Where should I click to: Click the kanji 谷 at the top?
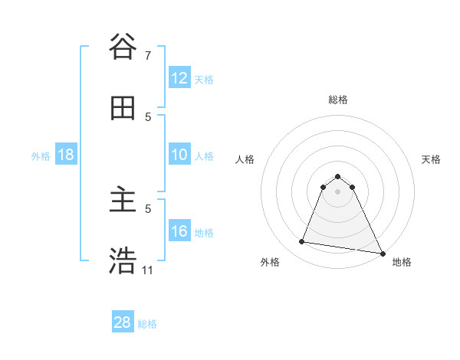point(123,47)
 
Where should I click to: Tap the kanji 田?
point(123,109)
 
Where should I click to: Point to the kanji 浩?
point(123,260)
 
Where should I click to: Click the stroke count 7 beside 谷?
point(147,56)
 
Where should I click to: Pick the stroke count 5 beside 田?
point(148,117)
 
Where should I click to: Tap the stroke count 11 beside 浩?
point(147,270)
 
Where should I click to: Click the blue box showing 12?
point(179,78)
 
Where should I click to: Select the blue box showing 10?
point(179,155)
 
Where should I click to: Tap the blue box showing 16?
point(179,231)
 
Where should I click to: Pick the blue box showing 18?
point(66,155)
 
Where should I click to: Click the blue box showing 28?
point(123,322)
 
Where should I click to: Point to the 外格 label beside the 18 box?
point(41,156)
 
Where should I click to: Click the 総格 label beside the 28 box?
point(147,324)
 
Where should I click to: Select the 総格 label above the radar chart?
point(337,100)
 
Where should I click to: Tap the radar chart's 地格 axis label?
point(402,262)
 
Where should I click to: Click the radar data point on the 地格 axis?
point(383,254)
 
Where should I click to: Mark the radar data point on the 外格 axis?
point(302,242)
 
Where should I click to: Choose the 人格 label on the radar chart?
point(245,159)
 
